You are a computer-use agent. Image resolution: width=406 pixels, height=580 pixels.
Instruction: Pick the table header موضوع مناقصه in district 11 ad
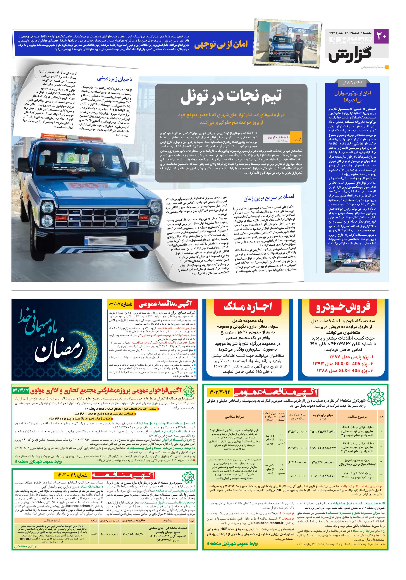(x=357, y=417)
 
